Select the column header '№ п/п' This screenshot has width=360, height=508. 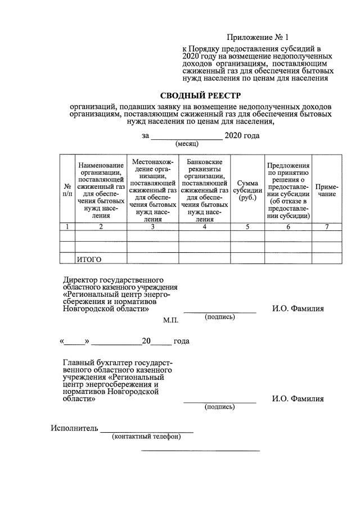click(x=67, y=190)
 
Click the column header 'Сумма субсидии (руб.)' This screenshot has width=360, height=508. click(x=247, y=190)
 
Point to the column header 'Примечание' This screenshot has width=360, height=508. click(x=326, y=190)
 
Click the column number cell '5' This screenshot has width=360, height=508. click(x=247, y=227)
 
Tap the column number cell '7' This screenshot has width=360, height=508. click(x=326, y=227)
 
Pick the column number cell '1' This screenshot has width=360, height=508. click(x=67, y=227)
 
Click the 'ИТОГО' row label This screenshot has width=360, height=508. click(x=89, y=260)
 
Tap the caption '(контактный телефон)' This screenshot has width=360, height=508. click(x=146, y=437)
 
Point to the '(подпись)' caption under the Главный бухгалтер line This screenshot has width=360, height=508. click(x=220, y=407)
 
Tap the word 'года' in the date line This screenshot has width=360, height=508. click(x=181, y=341)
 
